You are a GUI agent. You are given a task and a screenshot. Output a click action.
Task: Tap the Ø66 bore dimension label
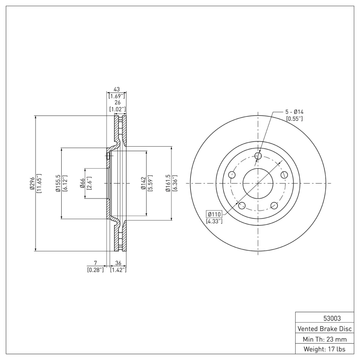(83, 183)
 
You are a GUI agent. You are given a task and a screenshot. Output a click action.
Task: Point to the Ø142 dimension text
(143, 183)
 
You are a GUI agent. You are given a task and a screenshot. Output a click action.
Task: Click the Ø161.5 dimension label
(168, 183)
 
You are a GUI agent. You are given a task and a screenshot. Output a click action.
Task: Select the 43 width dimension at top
(116, 90)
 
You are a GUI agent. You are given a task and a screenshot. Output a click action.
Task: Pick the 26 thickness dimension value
(116, 103)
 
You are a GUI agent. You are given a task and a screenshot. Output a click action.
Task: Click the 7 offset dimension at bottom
(95, 263)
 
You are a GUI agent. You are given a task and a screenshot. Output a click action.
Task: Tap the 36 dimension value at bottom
(118, 263)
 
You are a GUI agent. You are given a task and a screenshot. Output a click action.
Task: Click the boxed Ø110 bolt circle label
(214, 214)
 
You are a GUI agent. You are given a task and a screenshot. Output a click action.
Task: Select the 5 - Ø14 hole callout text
(295, 112)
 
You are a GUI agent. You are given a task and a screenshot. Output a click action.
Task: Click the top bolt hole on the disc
(258, 156)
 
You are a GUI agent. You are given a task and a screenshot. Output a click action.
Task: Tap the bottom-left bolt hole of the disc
(242, 206)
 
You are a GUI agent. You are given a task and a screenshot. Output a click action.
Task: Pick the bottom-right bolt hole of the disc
(274, 206)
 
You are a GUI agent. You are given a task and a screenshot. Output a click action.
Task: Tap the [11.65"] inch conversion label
(39, 183)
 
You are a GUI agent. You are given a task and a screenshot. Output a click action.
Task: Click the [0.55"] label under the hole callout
(294, 118)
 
